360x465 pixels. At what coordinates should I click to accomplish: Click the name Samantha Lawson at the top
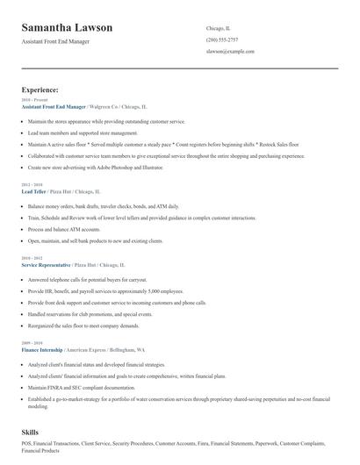coord(68,28)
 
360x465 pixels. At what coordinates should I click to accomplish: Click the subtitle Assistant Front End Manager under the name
coord(68,41)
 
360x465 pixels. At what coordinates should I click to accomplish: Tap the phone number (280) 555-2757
coord(221,40)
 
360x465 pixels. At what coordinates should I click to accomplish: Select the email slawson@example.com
coord(230,52)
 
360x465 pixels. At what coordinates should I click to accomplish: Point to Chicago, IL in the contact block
coord(218,29)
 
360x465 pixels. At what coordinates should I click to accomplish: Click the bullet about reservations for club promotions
coord(90,313)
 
